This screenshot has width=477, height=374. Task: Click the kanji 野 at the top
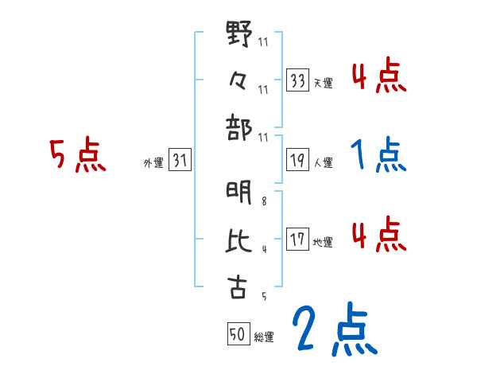(x=238, y=36)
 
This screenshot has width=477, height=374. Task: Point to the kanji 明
(x=238, y=192)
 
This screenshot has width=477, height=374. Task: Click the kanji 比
(x=238, y=241)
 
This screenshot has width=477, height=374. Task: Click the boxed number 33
(x=298, y=80)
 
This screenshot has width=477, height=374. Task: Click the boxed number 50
(x=237, y=335)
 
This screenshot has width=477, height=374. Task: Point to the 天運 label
(x=324, y=83)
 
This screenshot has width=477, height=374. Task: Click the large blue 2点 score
(x=333, y=329)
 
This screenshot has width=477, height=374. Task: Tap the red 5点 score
(x=77, y=155)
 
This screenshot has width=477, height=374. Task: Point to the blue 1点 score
(x=378, y=156)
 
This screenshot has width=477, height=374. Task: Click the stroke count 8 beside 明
(x=265, y=202)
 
